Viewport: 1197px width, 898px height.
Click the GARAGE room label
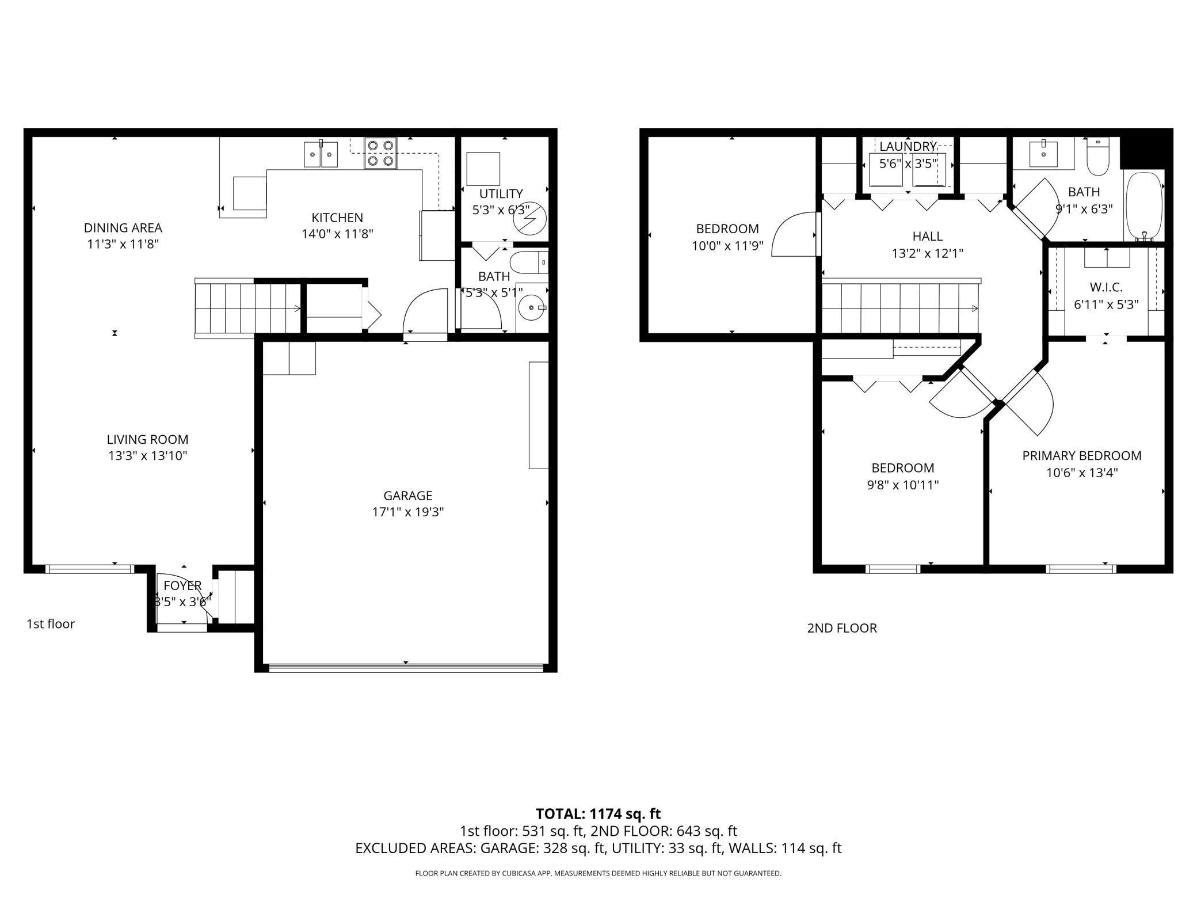click(407, 496)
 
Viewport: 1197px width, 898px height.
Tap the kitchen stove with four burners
click(380, 154)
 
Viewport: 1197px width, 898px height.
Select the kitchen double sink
click(321, 154)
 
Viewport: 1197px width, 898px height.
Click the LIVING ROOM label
click(147, 440)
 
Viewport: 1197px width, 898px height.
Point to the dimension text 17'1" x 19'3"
click(408, 512)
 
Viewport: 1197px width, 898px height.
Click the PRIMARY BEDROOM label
click(1082, 456)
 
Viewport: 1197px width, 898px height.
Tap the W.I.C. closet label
click(1106, 287)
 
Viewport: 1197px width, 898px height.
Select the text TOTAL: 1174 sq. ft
click(598, 814)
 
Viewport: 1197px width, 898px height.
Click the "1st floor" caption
click(51, 624)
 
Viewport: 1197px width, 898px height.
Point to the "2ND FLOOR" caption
click(842, 628)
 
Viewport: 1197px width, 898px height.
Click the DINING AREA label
click(123, 228)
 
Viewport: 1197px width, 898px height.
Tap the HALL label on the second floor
click(928, 236)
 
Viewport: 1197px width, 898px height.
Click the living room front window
click(89, 569)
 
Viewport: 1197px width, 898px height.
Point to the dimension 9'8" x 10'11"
click(903, 485)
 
